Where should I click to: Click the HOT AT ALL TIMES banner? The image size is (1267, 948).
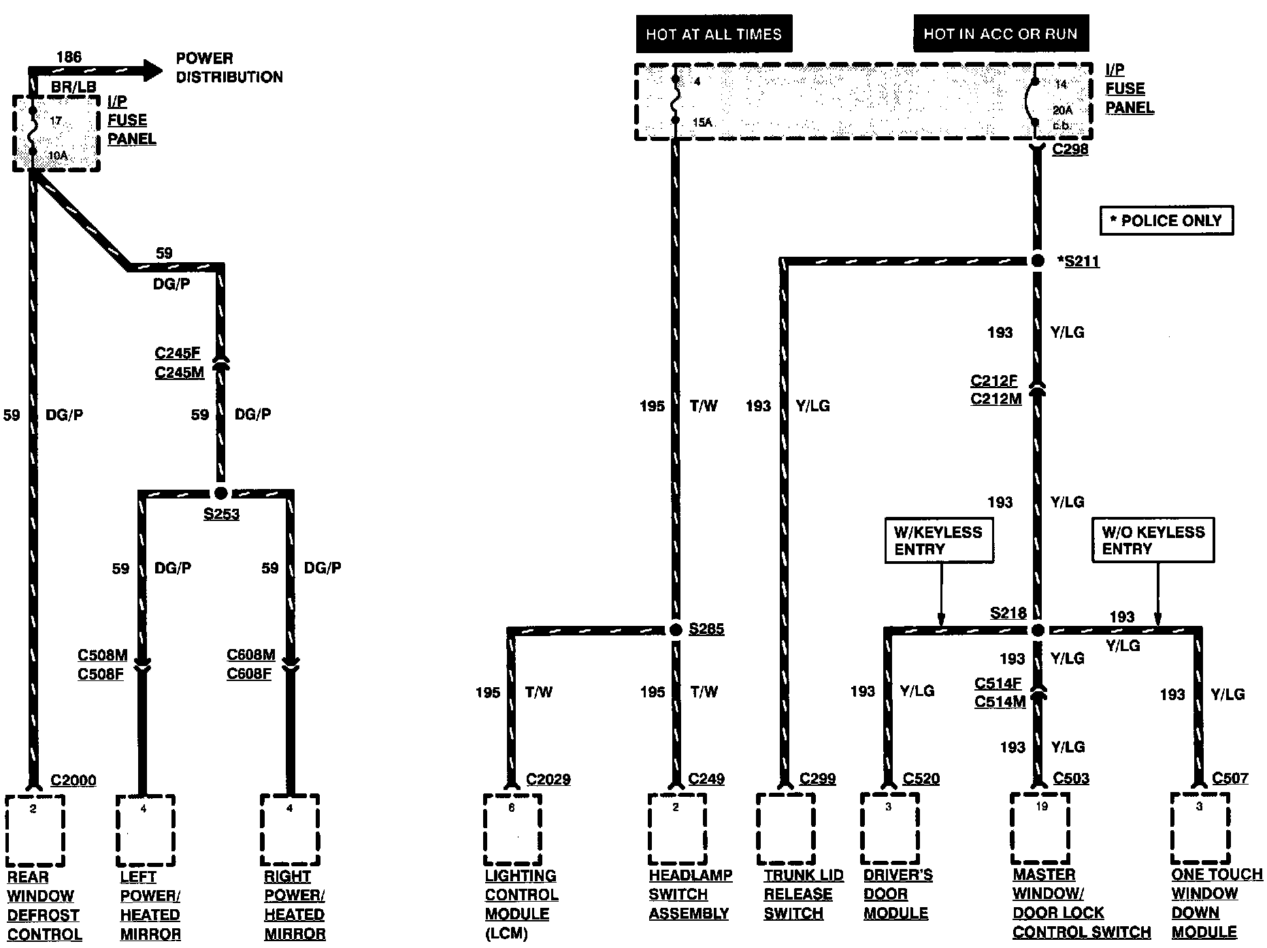[714, 34]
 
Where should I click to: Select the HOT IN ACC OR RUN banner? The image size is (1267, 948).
[1000, 34]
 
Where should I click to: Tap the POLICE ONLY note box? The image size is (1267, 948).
[1166, 221]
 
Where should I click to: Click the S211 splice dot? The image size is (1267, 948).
[1038, 261]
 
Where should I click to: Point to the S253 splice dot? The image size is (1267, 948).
[220, 492]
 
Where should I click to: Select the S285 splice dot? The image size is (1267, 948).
[676, 630]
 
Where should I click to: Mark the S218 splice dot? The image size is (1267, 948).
[1038, 630]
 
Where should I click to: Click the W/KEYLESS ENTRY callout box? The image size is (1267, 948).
[939, 541]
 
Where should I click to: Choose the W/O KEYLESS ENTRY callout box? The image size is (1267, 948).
[1153, 541]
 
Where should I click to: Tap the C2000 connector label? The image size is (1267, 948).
[73, 780]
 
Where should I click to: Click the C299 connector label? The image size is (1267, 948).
[817, 778]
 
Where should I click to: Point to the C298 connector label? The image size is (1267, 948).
[1070, 149]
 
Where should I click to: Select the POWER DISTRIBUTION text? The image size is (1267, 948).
[229, 67]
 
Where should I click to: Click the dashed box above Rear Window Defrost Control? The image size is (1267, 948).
[35, 830]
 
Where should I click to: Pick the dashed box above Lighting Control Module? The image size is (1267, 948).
[512, 829]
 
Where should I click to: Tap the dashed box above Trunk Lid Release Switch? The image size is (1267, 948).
[786, 829]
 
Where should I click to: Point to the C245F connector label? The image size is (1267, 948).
[178, 353]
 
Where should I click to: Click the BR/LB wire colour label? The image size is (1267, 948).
[74, 87]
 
